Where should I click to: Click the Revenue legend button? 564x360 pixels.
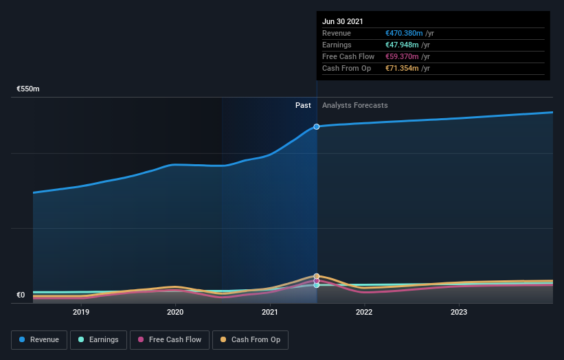39,339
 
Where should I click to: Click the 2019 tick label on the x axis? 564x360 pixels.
81,312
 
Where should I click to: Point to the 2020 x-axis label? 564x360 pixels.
175,312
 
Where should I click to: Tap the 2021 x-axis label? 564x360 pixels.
270,312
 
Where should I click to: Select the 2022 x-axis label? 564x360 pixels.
364,312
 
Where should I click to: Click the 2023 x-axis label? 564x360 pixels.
458,312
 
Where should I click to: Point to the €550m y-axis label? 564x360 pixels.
28,89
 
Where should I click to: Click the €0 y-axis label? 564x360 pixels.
21,295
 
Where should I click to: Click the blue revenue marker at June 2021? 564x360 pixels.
317,126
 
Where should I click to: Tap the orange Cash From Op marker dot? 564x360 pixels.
317,276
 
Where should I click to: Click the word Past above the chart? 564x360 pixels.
303,106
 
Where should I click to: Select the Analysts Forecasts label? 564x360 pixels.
354,106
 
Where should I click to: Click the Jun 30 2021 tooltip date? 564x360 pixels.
342,21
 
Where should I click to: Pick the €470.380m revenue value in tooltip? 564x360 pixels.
404,33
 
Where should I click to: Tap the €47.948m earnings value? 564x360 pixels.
402,45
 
